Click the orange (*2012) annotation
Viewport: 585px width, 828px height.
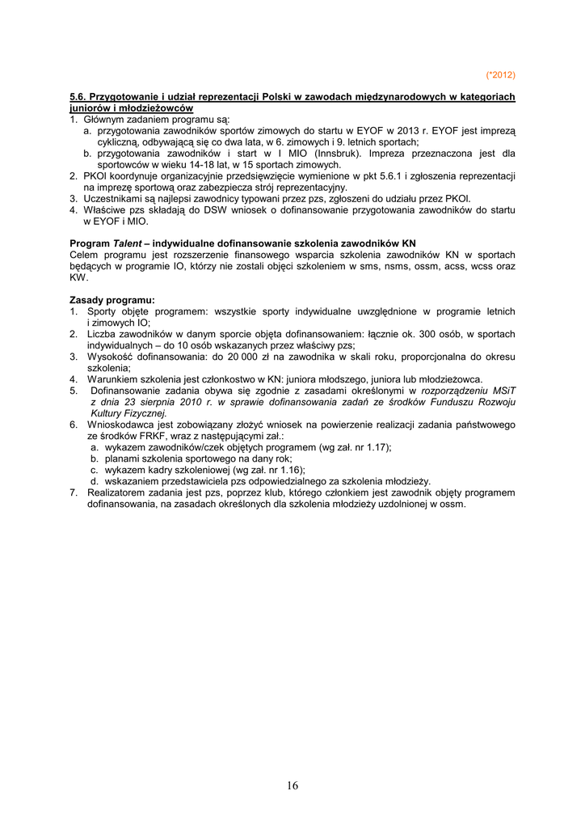pos(500,75)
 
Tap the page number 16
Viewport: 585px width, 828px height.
pos(292,785)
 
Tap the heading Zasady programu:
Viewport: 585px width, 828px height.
pos(112,299)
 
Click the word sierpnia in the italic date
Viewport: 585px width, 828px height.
pos(163,401)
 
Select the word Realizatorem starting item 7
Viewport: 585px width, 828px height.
pos(119,492)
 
